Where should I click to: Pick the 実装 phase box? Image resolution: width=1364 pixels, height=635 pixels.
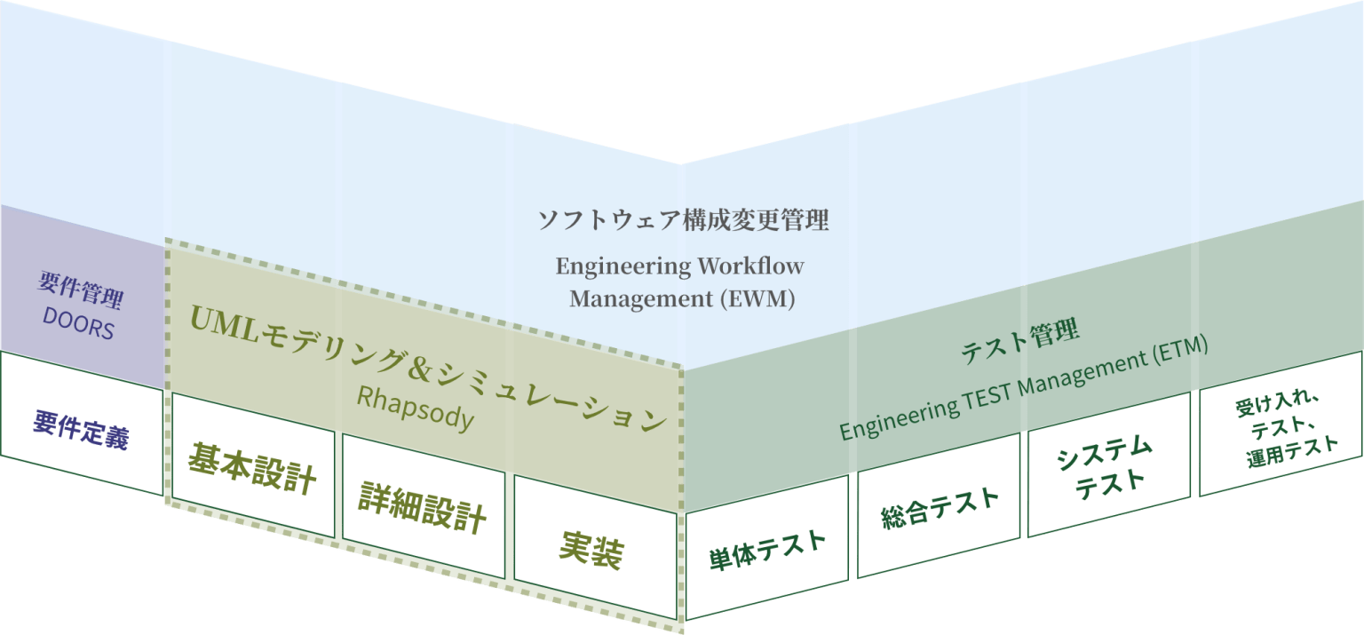click(x=592, y=551)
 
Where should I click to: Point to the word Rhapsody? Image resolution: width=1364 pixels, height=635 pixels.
click(x=415, y=409)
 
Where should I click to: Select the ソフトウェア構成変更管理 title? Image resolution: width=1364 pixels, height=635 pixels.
click(x=683, y=220)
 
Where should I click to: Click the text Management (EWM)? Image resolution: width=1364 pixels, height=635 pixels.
click(x=682, y=298)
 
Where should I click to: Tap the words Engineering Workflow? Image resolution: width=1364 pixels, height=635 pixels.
click(x=680, y=266)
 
